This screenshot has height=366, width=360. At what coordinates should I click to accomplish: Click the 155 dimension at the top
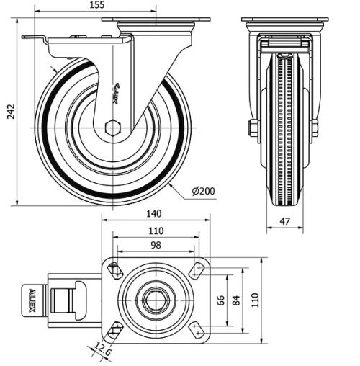click(x=96, y=6)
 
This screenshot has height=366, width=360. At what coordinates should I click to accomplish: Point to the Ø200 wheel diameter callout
click(x=204, y=191)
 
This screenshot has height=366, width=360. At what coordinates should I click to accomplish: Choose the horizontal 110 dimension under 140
click(x=155, y=231)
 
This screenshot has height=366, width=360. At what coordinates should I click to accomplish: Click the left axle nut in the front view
click(x=253, y=128)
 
